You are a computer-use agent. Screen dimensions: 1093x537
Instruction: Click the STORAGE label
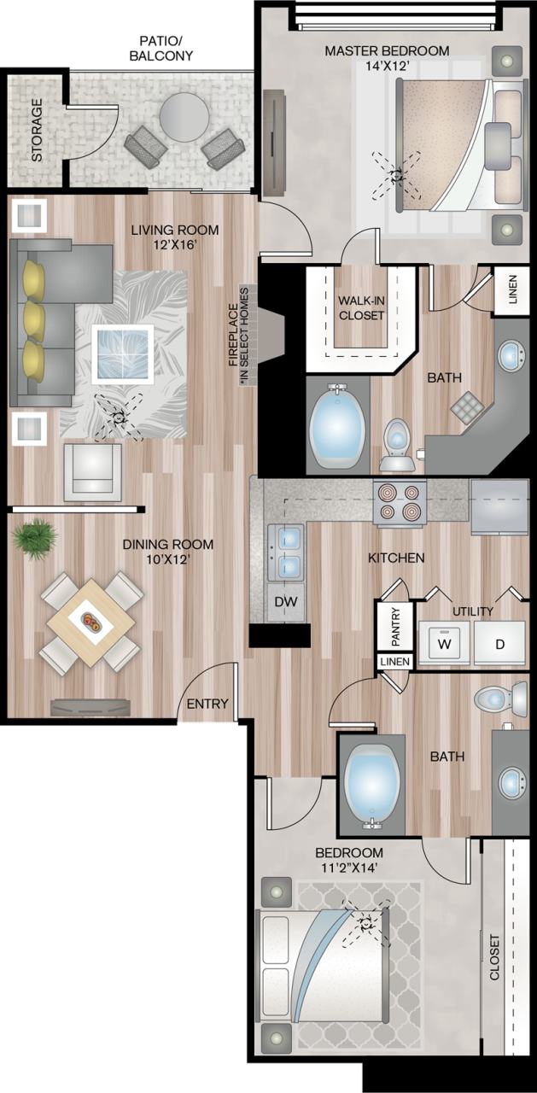pyautogui.click(x=37, y=131)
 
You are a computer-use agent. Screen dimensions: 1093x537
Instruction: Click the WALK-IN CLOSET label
pyautogui.click(x=361, y=307)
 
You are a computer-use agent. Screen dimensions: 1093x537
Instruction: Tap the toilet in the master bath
pyautogui.click(x=397, y=443)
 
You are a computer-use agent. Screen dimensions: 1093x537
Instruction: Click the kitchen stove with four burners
pyautogui.click(x=400, y=503)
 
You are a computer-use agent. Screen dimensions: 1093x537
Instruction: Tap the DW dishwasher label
pyautogui.click(x=286, y=602)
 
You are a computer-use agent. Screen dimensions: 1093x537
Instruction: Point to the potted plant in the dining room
pyautogui.click(x=35, y=539)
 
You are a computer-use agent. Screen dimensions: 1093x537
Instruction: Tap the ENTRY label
pyautogui.click(x=207, y=704)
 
